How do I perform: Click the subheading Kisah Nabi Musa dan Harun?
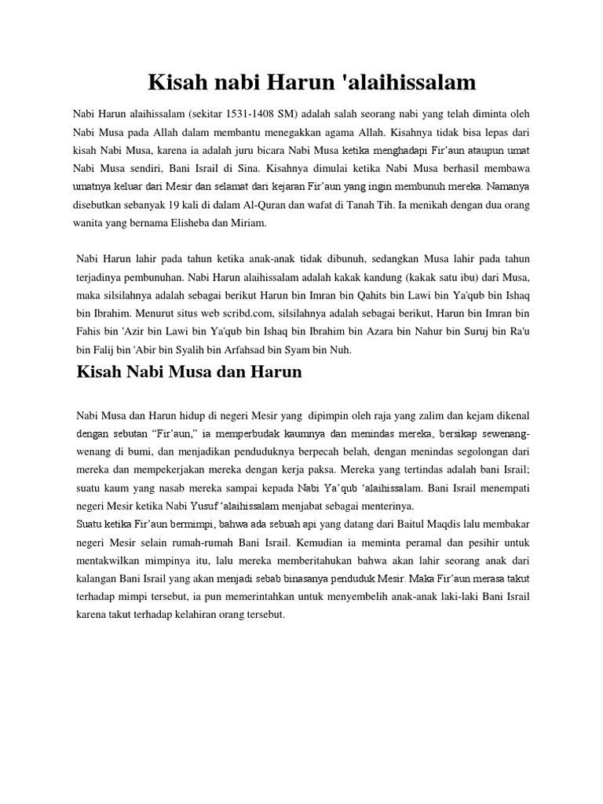[x=189, y=372]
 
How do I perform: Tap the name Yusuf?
[x=204, y=506]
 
